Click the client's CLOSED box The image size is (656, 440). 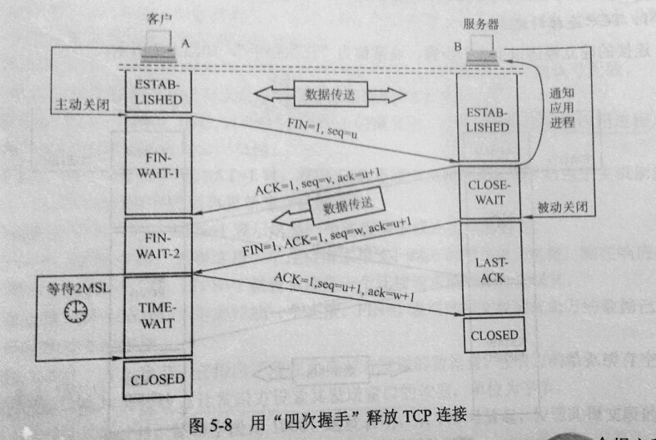pos(157,378)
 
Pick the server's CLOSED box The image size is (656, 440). pos(494,336)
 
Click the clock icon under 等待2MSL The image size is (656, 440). pos(77,311)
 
